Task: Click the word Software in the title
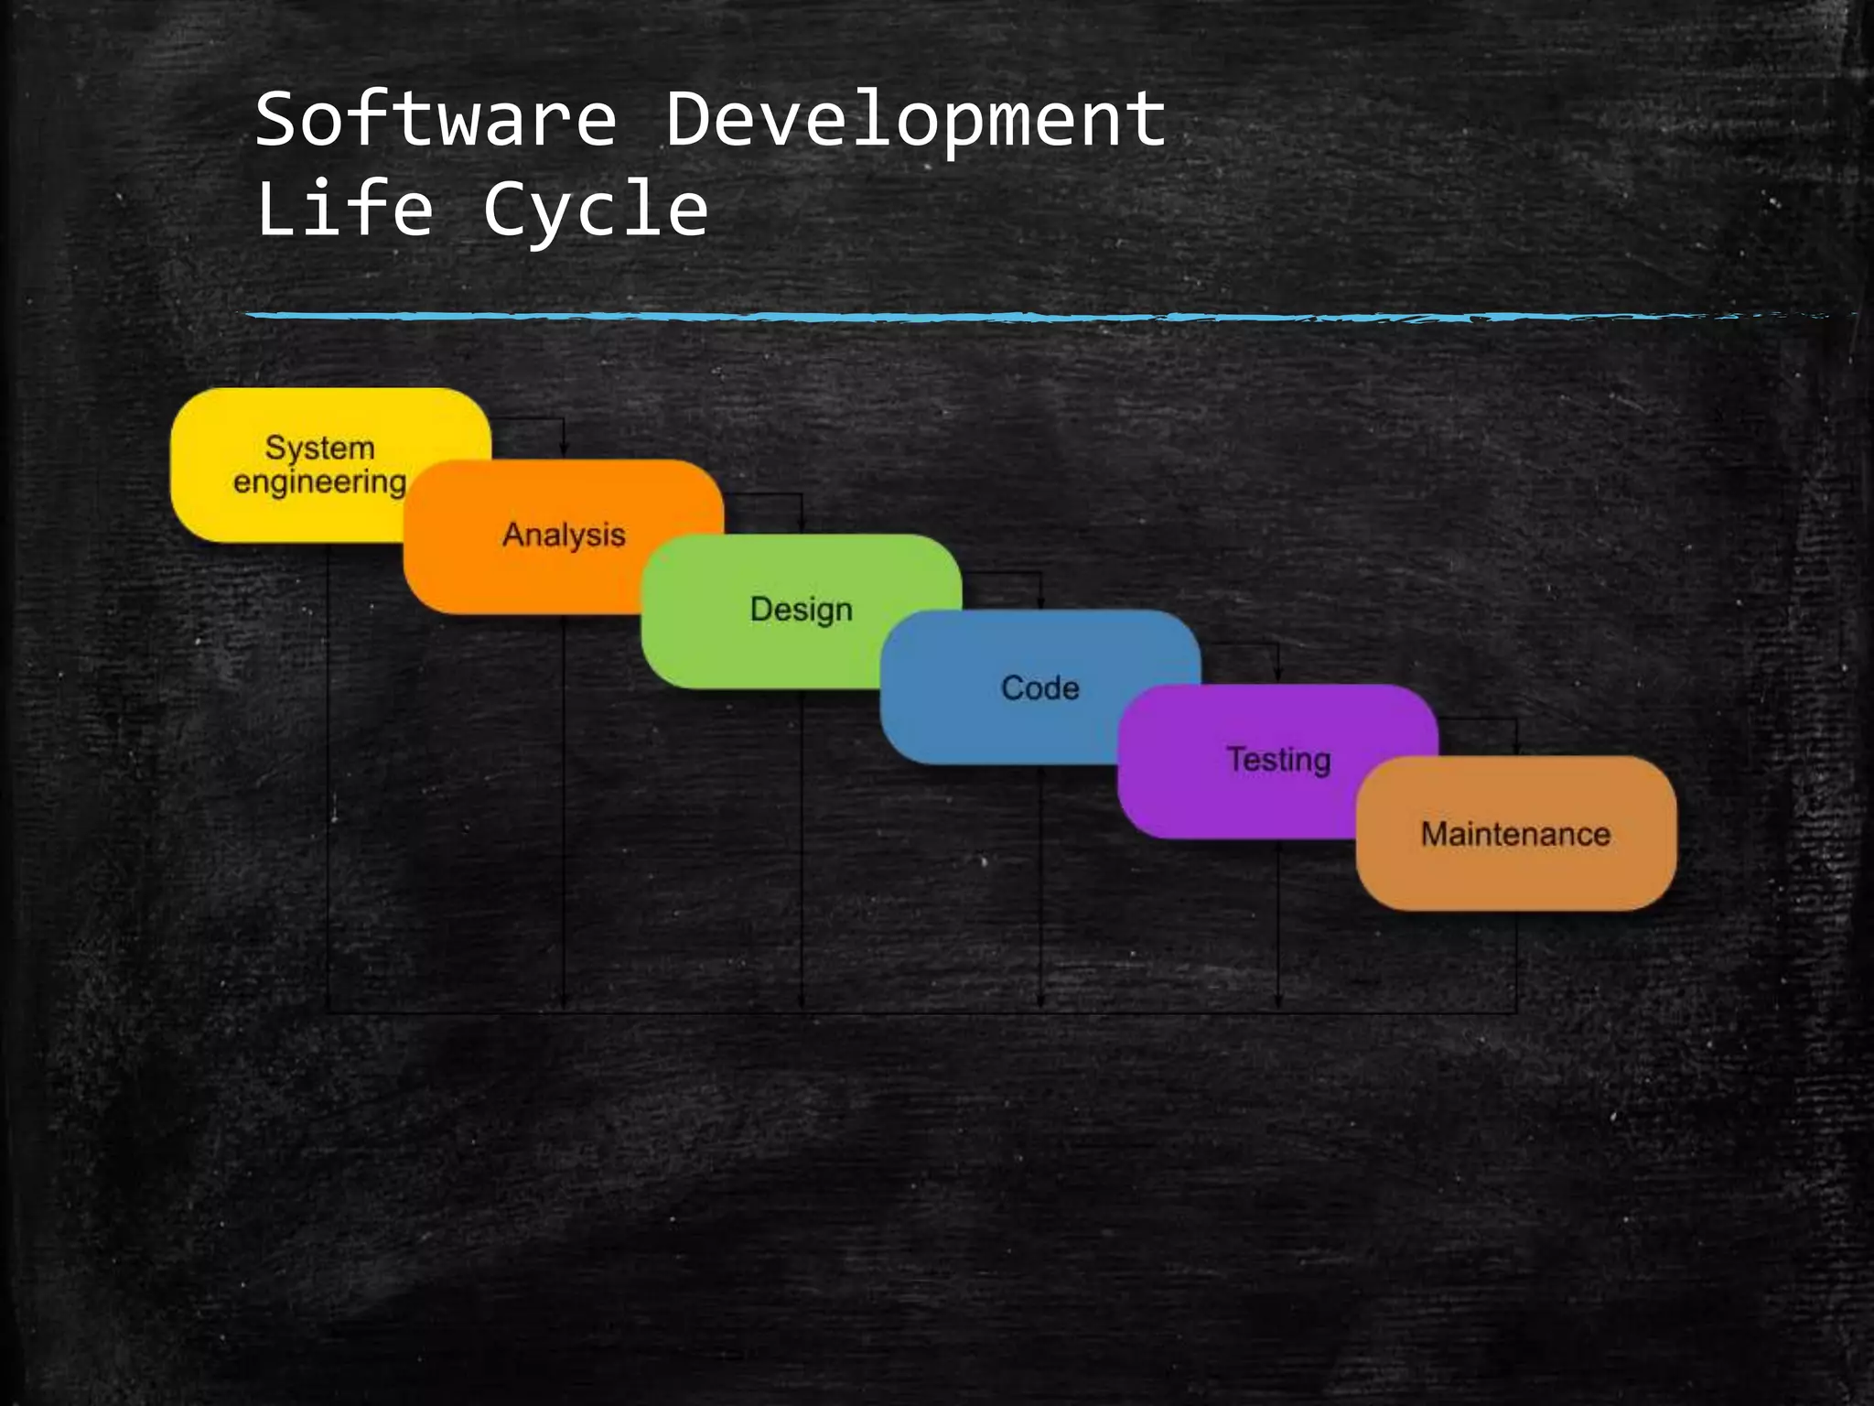(x=436, y=119)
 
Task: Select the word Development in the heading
(x=915, y=121)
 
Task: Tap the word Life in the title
(x=344, y=209)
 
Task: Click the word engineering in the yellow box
(x=319, y=482)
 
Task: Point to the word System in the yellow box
(x=319, y=448)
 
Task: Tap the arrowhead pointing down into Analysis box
(x=564, y=450)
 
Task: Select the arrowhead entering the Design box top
(x=802, y=525)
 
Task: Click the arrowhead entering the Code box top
(x=1041, y=601)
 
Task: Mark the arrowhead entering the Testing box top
(x=1278, y=676)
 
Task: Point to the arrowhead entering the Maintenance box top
(x=1516, y=749)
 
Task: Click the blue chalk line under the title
(x=915, y=317)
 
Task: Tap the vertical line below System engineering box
(x=328, y=778)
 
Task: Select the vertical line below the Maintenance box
(x=1516, y=961)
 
